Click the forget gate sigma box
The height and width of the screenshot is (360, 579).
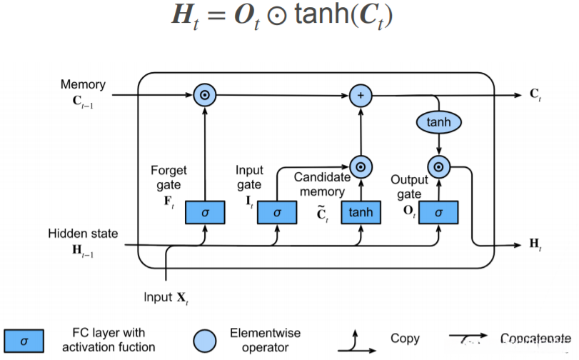pyautogui.click(x=205, y=212)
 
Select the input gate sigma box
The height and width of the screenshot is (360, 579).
pyautogui.click(x=277, y=212)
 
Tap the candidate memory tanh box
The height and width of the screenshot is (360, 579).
pyautogui.click(x=361, y=212)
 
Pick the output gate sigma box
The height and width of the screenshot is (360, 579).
pyautogui.click(x=438, y=212)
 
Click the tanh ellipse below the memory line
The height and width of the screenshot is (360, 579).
pyautogui.click(x=438, y=122)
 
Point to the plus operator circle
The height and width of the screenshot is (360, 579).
pyautogui.click(x=361, y=95)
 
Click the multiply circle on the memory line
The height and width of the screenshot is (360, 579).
pyautogui.click(x=205, y=95)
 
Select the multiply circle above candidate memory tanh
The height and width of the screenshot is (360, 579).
pyautogui.click(x=361, y=166)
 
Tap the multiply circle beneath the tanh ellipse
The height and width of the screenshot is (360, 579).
pyautogui.click(x=438, y=167)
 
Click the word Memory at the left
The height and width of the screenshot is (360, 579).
pyautogui.click(x=83, y=84)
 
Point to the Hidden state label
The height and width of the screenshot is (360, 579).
pyautogui.click(x=83, y=234)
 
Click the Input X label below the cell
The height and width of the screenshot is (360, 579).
pyautogui.click(x=166, y=295)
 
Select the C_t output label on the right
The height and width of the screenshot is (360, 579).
pyautogui.click(x=535, y=95)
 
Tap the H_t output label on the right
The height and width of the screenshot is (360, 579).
pyautogui.click(x=535, y=244)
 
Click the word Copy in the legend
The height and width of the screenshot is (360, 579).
pyautogui.click(x=405, y=339)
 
